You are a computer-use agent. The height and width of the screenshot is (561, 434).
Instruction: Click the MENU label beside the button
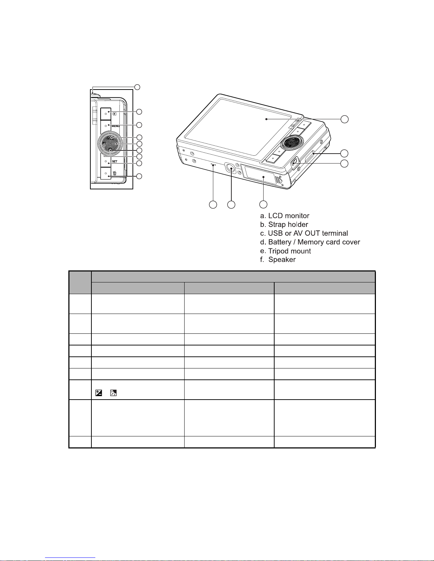pos(115,126)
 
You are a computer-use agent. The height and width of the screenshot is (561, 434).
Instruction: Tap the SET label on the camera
pos(114,161)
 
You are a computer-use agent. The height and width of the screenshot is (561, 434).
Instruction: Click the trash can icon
pos(114,173)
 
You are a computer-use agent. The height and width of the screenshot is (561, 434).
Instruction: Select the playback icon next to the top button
pos(114,114)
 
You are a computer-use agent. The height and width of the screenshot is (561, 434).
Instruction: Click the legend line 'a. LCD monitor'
pos(284,216)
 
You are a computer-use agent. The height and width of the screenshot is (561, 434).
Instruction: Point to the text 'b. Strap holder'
pos(284,225)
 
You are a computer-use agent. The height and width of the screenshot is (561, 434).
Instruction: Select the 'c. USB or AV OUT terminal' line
pos(304,233)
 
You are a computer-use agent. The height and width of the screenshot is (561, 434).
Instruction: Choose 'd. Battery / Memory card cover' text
pos(310,242)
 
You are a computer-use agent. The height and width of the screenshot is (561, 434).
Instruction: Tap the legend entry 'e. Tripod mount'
pos(285,251)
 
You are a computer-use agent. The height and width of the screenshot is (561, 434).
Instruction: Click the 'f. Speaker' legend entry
pos(277,260)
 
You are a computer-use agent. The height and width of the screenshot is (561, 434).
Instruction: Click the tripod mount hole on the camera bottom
pos(231,168)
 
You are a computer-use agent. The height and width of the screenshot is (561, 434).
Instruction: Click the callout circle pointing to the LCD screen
pos(344,119)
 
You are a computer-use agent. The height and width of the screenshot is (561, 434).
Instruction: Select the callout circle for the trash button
pos(140,176)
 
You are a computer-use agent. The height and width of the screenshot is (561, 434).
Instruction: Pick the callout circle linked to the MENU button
pos(140,125)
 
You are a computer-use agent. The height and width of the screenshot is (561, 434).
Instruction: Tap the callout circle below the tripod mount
pos(231,205)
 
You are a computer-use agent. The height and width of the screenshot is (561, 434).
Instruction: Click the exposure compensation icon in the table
pos(99,393)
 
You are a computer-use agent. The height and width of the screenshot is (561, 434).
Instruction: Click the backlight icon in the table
pos(113,393)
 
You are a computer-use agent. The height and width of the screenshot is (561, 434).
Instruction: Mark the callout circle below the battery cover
pos(263,205)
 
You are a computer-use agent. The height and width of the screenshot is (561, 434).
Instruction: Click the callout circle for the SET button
pos(140,163)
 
